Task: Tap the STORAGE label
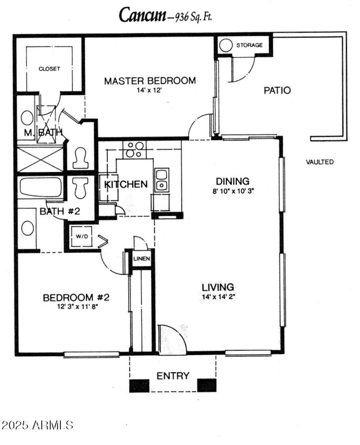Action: coord(249,45)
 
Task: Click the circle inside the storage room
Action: coord(226,45)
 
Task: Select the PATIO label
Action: coord(277,90)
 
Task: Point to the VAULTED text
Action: coord(320,162)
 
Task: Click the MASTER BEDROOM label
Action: coord(150,81)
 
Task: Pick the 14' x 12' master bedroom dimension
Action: coord(149,90)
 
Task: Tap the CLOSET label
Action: coord(49,69)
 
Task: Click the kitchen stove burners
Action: coord(135,150)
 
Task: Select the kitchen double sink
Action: coord(161,180)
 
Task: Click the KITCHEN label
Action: coord(126,184)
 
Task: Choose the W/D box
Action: coord(82,236)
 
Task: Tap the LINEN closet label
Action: coord(142,259)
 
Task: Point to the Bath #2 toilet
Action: coord(80,187)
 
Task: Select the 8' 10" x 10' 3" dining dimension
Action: coord(233,191)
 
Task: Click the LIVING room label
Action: coord(218,287)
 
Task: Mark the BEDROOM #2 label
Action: coord(76,297)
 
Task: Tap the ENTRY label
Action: coord(173,376)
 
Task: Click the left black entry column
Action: coord(139,385)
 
